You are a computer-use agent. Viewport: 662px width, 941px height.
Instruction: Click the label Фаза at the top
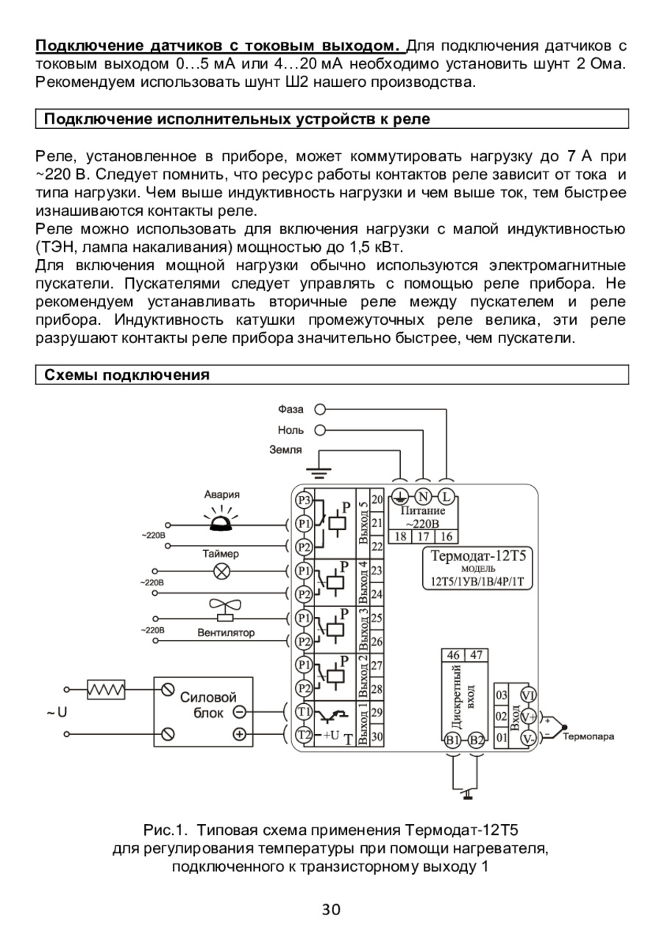tap(291, 409)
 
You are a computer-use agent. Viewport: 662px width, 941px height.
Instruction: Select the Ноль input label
tap(291, 430)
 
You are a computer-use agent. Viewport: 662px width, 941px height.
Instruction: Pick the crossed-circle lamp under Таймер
tap(221, 571)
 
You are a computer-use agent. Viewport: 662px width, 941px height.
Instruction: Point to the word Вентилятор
tap(226, 632)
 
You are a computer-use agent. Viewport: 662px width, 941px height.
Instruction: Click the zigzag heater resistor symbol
tap(105, 689)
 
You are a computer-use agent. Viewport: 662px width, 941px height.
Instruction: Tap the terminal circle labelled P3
tap(303, 501)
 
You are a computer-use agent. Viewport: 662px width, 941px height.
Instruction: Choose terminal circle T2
tap(303, 734)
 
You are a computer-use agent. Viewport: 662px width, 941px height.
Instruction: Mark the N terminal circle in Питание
tap(424, 496)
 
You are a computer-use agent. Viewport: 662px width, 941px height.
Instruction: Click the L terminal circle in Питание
tap(446, 496)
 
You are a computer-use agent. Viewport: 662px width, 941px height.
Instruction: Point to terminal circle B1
tap(452, 740)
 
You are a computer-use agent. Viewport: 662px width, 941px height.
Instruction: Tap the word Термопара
tap(588, 736)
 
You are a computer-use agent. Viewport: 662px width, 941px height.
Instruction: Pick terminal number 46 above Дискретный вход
tap(453, 655)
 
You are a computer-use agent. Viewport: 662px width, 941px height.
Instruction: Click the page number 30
tap(331, 910)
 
